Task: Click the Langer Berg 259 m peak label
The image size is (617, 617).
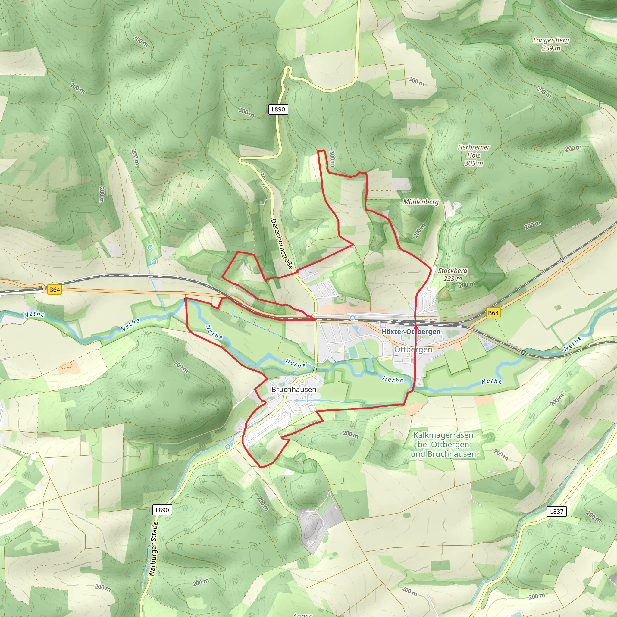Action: point(551,44)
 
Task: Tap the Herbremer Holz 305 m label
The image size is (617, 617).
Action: point(474,155)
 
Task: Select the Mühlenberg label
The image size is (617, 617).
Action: point(421,202)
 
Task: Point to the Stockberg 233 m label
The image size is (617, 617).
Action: point(453,274)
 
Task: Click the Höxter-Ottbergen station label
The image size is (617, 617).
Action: point(411,331)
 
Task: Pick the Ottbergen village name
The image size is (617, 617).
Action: point(413,349)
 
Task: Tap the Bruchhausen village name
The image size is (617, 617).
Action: point(294,389)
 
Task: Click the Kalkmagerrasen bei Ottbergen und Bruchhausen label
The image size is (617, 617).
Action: point(443,444)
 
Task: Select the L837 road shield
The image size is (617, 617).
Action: point(557,511)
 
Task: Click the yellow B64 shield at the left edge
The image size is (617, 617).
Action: point(54,290)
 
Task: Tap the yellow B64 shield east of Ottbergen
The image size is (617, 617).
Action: point(493,313)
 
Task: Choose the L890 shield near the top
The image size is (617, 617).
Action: point(278,109)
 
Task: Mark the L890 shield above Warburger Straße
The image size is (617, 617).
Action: point(162,510)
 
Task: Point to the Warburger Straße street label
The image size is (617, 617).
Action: point(153,549)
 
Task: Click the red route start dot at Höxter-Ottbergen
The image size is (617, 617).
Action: point(416,328)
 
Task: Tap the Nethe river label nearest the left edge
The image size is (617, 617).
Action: point(34,314)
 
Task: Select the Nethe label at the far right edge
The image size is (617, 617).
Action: point(573,343)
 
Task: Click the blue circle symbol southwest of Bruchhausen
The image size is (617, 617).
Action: point(228,446)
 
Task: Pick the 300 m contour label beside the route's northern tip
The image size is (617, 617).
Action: point(332,159)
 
